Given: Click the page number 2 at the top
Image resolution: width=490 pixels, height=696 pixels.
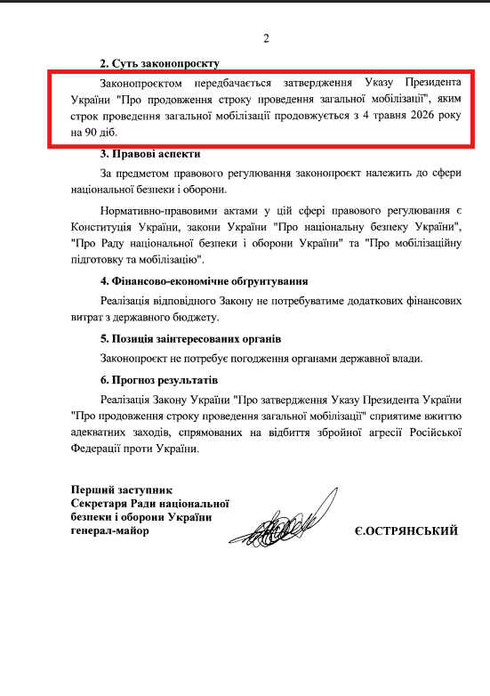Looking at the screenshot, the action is point(265,38).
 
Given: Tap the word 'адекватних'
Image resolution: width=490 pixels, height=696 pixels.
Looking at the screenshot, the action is point(100,433).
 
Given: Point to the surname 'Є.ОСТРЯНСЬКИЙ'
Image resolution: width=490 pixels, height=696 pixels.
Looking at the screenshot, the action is point(406,531).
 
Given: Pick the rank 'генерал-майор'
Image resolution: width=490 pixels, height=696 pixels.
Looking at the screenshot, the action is point(110,531).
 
